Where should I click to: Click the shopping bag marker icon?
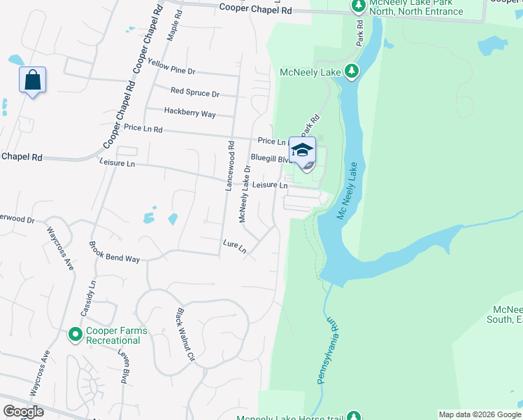(32, 80)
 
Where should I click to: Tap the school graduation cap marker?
(303, 151)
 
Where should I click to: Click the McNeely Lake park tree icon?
(352, 71)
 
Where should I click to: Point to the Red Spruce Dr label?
(194, 92)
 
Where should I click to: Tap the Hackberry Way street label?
(189, 112)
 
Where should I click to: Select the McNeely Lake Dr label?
(245, 195)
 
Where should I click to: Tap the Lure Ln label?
(235, 248)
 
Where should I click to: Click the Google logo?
(23, 412)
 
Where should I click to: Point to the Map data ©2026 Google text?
(480, 414)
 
